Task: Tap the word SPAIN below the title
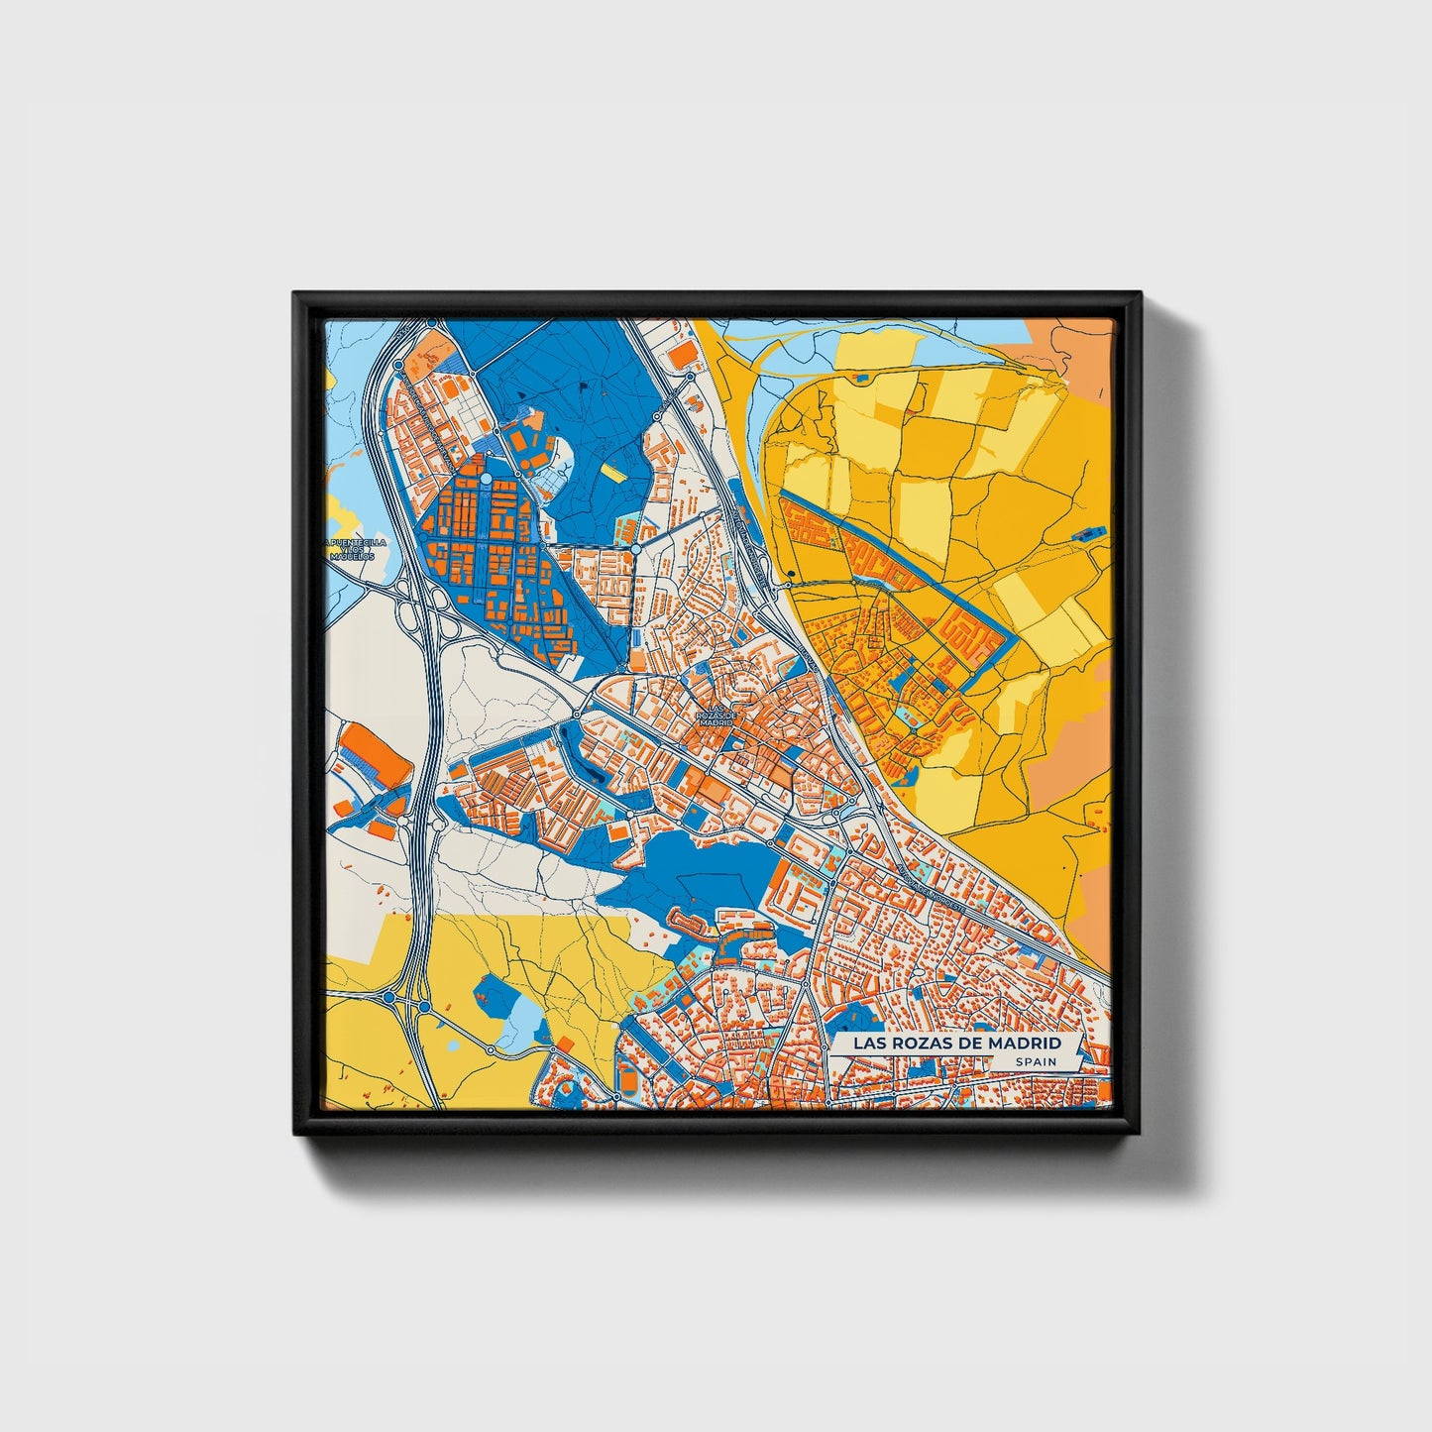tap(1035, 1061)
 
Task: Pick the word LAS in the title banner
tap(858, 1044)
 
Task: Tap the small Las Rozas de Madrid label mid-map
tap(716, 717)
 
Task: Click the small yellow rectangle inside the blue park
tap(614, 474)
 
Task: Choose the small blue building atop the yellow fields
tap(859, 378)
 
